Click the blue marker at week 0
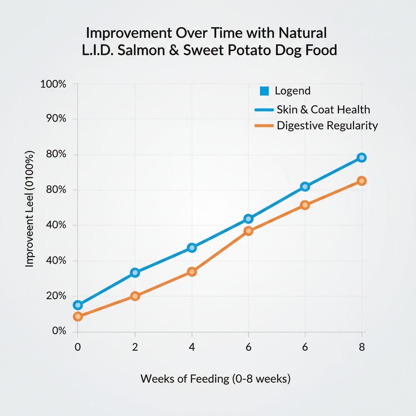point(78,305)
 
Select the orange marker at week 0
point(78,316)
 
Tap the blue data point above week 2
point(135,272)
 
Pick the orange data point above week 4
point(192,271)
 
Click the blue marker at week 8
point(362,158)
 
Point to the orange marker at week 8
point(362,181)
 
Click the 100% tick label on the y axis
point(53,84)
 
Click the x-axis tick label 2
point(135,347)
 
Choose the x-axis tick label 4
point(192,347)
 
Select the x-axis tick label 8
point(362,347)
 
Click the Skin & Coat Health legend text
point(323,109)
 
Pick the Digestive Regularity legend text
point(327,126)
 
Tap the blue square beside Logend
point(264,91)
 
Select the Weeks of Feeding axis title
point(215,379)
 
